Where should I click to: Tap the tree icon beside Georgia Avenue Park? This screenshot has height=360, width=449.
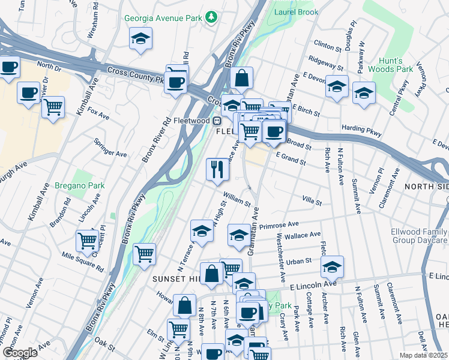(210, 18)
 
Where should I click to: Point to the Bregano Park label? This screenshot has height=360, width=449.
(79, 185)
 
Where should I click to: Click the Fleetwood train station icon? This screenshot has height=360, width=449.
(220, 120)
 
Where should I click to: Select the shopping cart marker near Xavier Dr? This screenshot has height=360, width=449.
(54, 108)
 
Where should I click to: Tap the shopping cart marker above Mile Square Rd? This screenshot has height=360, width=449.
(88, 241)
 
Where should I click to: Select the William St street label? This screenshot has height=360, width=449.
(236, 199)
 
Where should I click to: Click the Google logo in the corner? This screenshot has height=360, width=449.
(20, 353)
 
